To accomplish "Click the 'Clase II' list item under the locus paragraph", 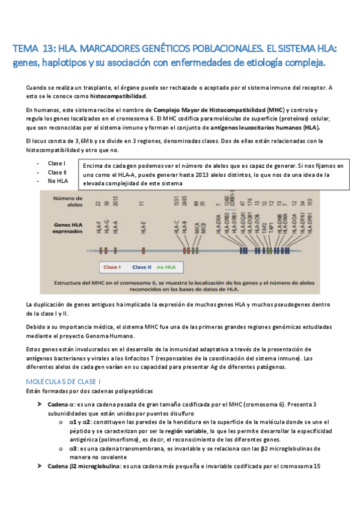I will click(x=58, y=172).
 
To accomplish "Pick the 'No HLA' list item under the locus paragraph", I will click(x=58, y=180).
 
